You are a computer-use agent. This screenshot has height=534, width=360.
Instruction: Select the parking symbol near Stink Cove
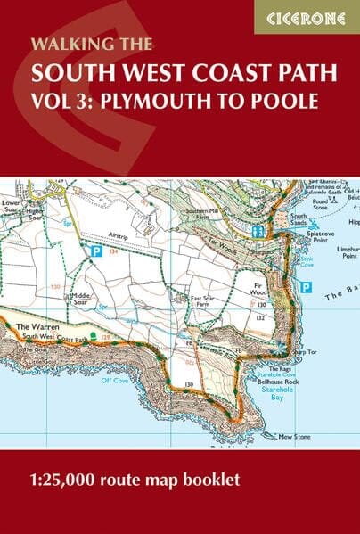(306, 287)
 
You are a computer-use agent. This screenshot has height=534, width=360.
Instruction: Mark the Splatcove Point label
(320, 237)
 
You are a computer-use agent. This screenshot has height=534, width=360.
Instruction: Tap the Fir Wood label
(258, 289)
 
